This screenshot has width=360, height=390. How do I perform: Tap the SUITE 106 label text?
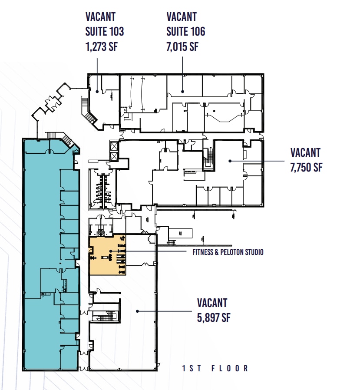[x=186, y=31]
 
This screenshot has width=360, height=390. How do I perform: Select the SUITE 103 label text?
[x=105, y=31]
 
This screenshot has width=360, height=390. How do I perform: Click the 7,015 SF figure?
[x=182, y=46]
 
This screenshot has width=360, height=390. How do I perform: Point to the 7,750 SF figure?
[x=306, y=167]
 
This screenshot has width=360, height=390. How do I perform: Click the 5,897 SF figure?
[x=213, y=317]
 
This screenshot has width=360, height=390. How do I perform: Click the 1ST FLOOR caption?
[x=215, y=368]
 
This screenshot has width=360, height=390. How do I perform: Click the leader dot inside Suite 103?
[x=96, y=91]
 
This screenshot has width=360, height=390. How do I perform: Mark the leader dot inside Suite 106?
[x=182, y=91]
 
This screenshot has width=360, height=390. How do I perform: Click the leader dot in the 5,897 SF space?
[x=137, y=311]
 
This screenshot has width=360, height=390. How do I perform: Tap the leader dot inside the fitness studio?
[x=111, y=251]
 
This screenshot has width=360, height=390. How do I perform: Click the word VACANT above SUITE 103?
[x=101, y=17]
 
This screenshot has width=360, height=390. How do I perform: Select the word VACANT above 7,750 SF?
[x=305, y=152]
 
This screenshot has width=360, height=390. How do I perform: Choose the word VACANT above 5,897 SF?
[x=212, y=303]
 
